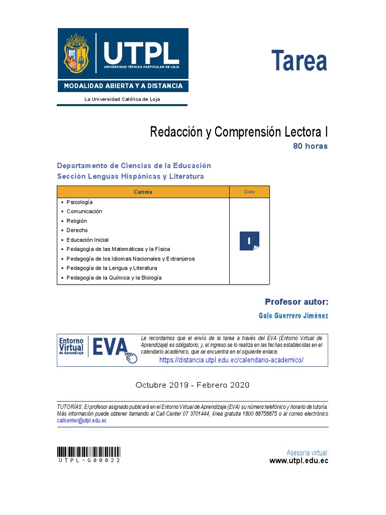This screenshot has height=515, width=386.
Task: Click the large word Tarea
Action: click(299, 61)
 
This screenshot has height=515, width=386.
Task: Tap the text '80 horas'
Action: click(310, 146)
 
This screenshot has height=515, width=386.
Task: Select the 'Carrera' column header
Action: click(143, 192)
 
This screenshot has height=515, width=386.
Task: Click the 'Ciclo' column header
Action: click(249, 192)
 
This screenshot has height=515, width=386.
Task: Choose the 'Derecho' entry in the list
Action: click(77, 230)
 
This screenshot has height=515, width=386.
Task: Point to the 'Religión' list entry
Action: click(76, 221)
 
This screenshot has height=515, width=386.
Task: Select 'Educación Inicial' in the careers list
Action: click(87, 240)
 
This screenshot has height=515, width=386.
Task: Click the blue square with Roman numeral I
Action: click(249, 241)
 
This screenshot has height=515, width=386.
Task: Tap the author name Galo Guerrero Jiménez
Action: click(293, 316)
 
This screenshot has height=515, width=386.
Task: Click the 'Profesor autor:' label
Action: click(297, 302)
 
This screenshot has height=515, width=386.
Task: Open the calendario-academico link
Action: click(231, 361)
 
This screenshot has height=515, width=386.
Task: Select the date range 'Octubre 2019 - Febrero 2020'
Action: click(192, 385)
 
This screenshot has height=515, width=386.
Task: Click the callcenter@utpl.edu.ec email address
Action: click(81, 420)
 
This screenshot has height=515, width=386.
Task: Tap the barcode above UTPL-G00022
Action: click(88, 451)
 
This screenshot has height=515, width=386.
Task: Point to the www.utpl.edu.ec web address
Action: click(299, 461)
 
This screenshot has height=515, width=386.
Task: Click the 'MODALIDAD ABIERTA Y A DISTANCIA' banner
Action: click(123, 86)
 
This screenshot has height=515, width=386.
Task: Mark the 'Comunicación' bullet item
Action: click(84, 211)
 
